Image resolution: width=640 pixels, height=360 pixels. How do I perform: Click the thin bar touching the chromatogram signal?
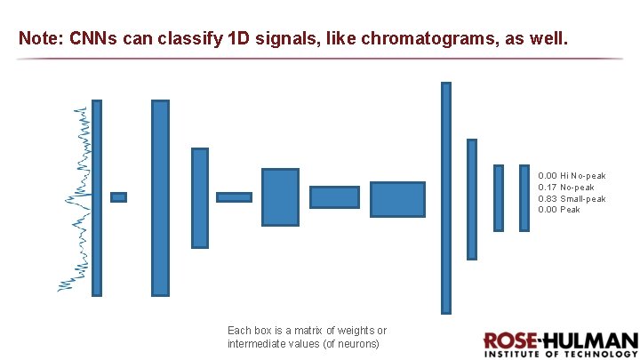[x=97, y=197]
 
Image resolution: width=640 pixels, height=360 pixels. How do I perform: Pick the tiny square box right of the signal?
[x=118, y=197]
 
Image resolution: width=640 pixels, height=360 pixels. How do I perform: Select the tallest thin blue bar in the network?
[x=446, y=197]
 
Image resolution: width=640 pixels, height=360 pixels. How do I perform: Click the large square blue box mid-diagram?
[x=280, y=197]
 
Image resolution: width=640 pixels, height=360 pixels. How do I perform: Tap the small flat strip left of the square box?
[x=234, y=197]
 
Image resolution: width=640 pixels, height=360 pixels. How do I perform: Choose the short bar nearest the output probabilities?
[x=523, y=197]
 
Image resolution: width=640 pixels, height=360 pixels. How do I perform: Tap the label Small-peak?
[x=583, y=199]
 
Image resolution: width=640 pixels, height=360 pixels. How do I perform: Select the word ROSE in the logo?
[x=509, y=341]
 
